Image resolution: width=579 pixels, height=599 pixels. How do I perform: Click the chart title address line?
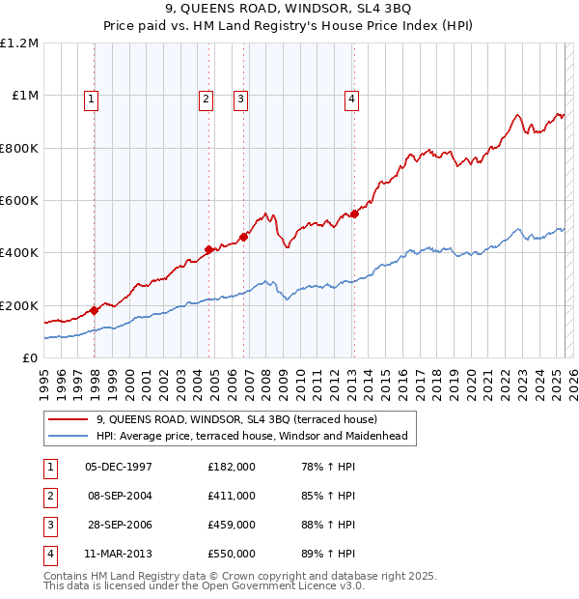point(289,9)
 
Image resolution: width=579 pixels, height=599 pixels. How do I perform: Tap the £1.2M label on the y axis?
point(19,43)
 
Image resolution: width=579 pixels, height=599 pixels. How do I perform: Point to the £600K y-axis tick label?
point(18,201)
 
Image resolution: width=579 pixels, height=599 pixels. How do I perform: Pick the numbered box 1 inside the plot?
point(91,98)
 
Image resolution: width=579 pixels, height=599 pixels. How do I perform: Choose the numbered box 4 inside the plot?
point(352,98)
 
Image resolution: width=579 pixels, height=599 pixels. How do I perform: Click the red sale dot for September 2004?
point(208,250)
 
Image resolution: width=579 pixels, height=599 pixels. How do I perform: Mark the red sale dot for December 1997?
point(95,310)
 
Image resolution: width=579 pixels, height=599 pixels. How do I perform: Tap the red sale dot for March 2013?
point(354,214)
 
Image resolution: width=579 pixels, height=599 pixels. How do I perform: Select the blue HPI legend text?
point(252,436)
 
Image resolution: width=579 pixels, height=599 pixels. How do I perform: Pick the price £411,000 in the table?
point(232,497)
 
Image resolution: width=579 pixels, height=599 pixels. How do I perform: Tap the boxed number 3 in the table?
point(49,527)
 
